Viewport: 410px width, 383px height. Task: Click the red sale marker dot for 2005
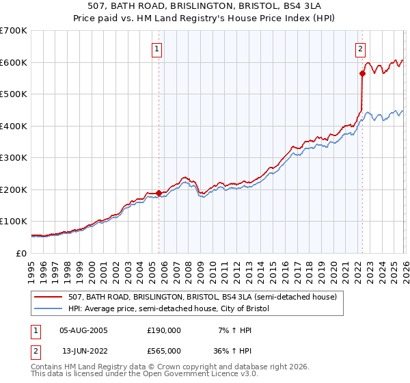[x=159, y=193]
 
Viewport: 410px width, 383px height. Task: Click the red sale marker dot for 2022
[x=361, y=73]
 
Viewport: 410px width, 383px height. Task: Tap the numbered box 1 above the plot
[x=158, y=49]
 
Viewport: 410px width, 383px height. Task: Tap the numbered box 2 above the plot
[x=360, y=49]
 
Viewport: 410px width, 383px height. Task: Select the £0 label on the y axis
[x=20, y=254]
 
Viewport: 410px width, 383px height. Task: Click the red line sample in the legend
[x=49, y=298]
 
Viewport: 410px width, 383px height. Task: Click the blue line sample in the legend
[x=49, y=309]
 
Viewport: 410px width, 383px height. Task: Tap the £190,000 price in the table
[x=163, y=330]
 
